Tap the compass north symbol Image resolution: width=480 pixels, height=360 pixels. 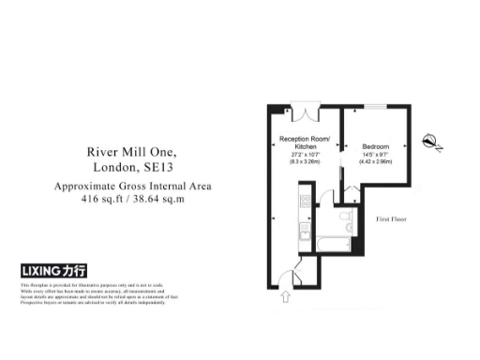coord(432,142)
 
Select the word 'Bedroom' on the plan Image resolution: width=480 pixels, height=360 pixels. coord(377,146)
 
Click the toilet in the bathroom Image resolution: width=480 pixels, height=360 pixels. coord(344,219)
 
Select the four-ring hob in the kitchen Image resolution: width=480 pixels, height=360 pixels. coord(303,200)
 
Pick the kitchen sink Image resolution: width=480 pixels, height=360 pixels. coord(303,231)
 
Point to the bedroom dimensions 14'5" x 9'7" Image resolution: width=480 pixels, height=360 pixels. coord(377,155)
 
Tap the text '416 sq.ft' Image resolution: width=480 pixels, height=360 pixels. coord(102,200)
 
